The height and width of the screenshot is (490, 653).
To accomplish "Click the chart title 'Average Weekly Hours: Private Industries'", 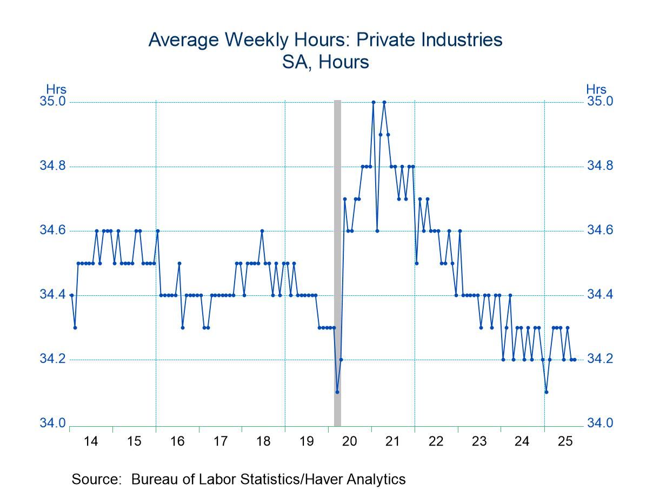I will coord(325,39).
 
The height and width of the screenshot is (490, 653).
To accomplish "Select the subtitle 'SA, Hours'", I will coord(325,62).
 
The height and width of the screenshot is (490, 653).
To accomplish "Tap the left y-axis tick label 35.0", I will coord(53,102).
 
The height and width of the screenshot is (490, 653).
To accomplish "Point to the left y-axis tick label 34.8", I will coord(53,166).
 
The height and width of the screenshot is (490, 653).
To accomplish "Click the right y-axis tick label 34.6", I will coord(600,230).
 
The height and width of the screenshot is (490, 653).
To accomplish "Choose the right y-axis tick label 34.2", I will coord(600,359).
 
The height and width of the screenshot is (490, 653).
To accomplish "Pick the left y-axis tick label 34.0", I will coord(53,423).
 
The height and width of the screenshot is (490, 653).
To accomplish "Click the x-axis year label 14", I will coord(91,442).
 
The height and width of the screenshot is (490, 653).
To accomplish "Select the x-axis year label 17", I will coord(220,442).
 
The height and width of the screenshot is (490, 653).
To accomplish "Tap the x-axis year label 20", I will coord(349,442).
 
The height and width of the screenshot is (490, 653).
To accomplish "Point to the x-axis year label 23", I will coord(479,442).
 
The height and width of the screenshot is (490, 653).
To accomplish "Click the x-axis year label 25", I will coord(565,442).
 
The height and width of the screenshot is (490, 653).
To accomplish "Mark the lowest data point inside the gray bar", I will coord(337,392).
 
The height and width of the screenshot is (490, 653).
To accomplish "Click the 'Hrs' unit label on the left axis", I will coord(56,90).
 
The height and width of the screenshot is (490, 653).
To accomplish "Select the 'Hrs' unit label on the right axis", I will coord(596,90).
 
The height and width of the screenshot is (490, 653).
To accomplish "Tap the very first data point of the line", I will coord(71,295).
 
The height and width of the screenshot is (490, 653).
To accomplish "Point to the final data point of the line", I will coord(575,360).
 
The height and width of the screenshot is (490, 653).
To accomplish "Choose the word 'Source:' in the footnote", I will coord(96,479).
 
